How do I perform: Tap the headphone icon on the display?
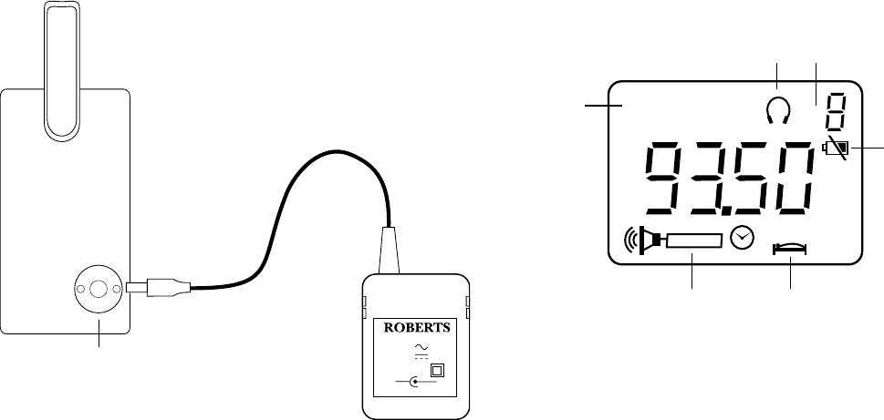click(x=776, y=110)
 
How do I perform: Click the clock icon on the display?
click(x=744, y=237)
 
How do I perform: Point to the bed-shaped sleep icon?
click(x=790, y=246)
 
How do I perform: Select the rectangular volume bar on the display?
click(x=694, y=241)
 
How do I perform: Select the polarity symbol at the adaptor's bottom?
click(x=415, y=383)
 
